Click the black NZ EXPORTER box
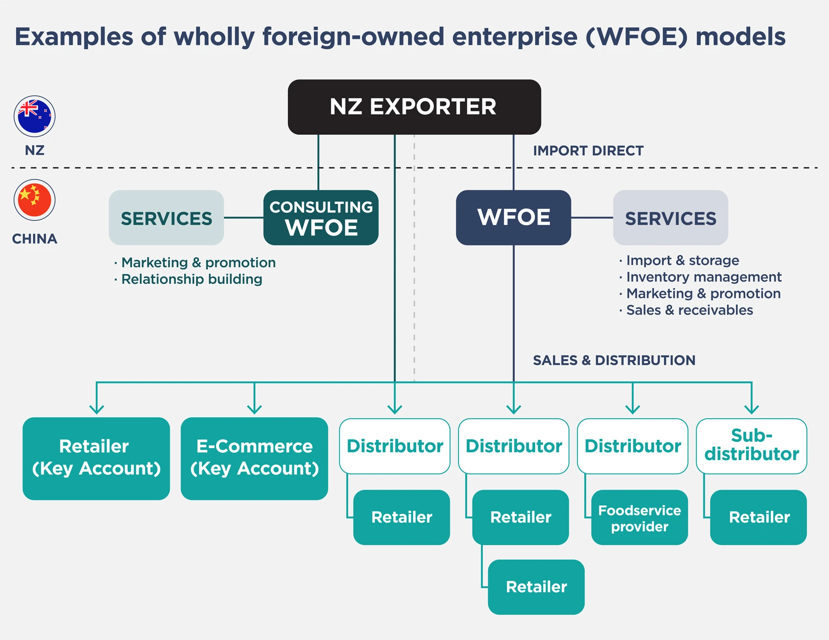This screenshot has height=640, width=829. (414, 107)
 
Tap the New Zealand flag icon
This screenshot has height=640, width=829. (35, 116)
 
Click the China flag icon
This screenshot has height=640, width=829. (35, 200)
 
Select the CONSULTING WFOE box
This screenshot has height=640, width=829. (321, 218)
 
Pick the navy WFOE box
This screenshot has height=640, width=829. (513, 218)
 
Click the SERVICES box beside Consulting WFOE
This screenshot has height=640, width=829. (166, 218)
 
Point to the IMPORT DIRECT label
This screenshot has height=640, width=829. (588, 150)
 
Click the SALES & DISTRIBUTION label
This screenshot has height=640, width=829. (614, 360)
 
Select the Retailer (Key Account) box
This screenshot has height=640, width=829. (96, 458)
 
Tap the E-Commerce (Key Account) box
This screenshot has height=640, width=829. (254, 458)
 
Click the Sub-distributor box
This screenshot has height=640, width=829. (751, 445)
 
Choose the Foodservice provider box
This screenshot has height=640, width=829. (639, 518)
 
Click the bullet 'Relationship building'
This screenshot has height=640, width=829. (192, 279)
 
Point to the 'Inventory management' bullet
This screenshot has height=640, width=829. (704, 277)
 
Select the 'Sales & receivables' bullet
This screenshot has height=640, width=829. (689, 310)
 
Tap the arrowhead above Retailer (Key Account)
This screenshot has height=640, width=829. (96, 409)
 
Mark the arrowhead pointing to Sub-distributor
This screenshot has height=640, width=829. (751, 409)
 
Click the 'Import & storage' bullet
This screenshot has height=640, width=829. (682, 260)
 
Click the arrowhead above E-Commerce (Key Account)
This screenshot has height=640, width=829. (254, 409)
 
